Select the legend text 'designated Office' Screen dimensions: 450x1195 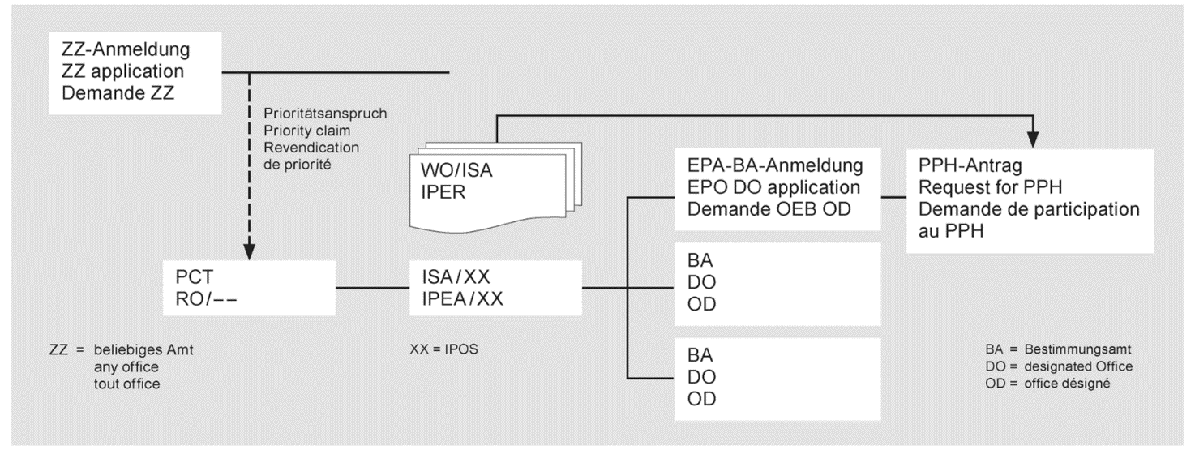click(1070, 366)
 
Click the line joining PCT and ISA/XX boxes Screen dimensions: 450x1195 click(373, 287)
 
